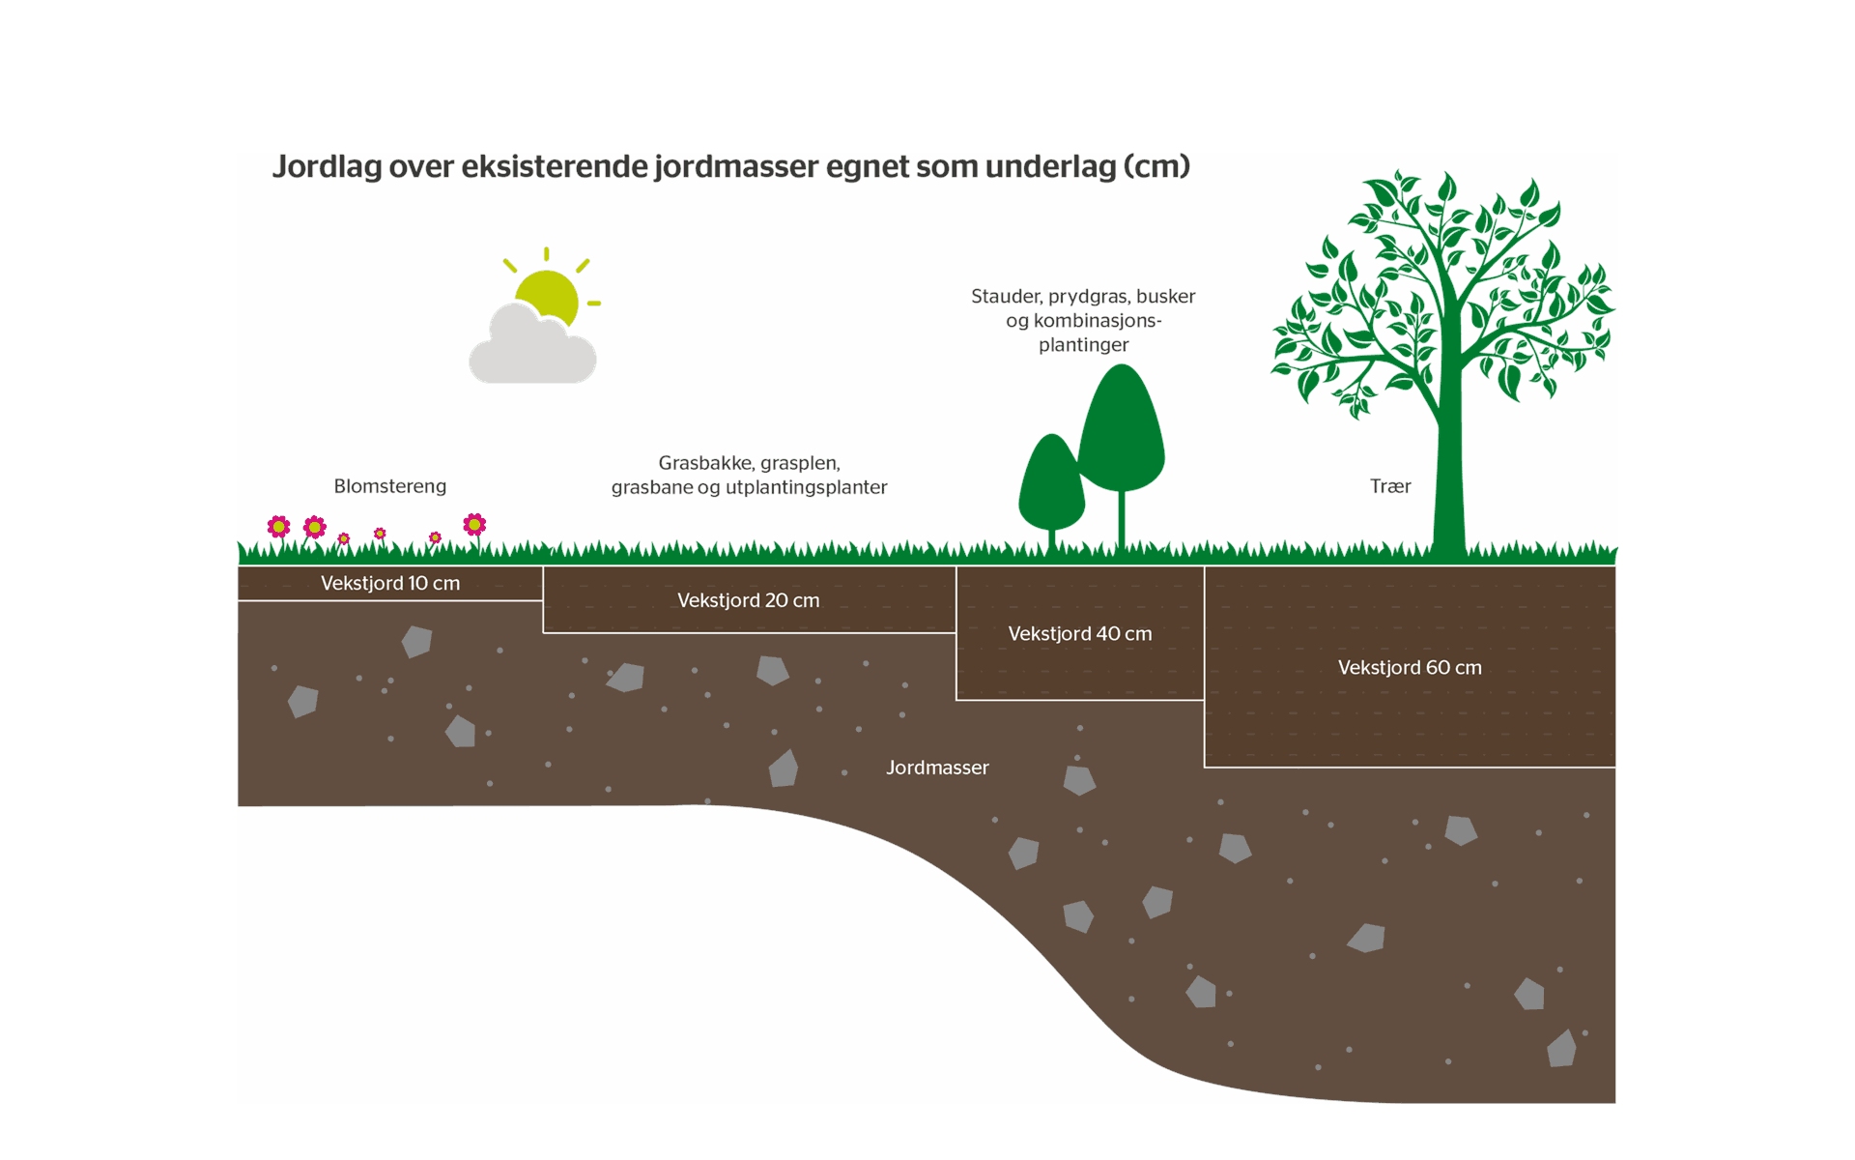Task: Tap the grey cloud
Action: point(531,353)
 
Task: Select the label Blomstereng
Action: point(389,486)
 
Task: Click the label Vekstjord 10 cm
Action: point(389,583)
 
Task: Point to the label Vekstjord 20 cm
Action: point(748,600)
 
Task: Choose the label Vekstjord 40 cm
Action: point(1079,634)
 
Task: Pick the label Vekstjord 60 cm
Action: point(1409,667)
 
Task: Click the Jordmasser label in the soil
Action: point(937,768)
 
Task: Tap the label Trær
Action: point(1389,486)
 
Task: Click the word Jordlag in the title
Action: point(327,166)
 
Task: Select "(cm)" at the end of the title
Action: point(1156,166)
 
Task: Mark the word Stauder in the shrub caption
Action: point(1005,297)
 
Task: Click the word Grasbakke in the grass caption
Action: point(704,463)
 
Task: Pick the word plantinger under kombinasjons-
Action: point(1083,345)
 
